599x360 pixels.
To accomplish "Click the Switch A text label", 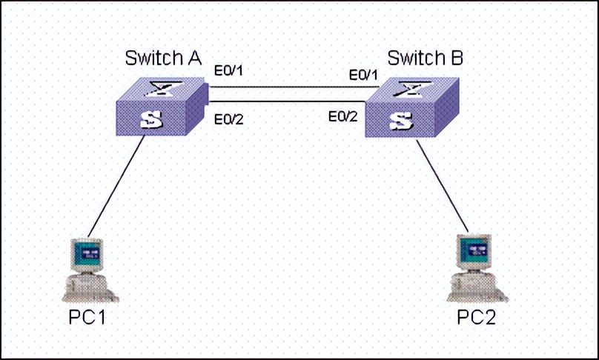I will (x=164, y=59).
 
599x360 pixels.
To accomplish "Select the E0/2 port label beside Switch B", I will (x=343, y=116).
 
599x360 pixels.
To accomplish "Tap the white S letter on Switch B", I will (x=400, y=121).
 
